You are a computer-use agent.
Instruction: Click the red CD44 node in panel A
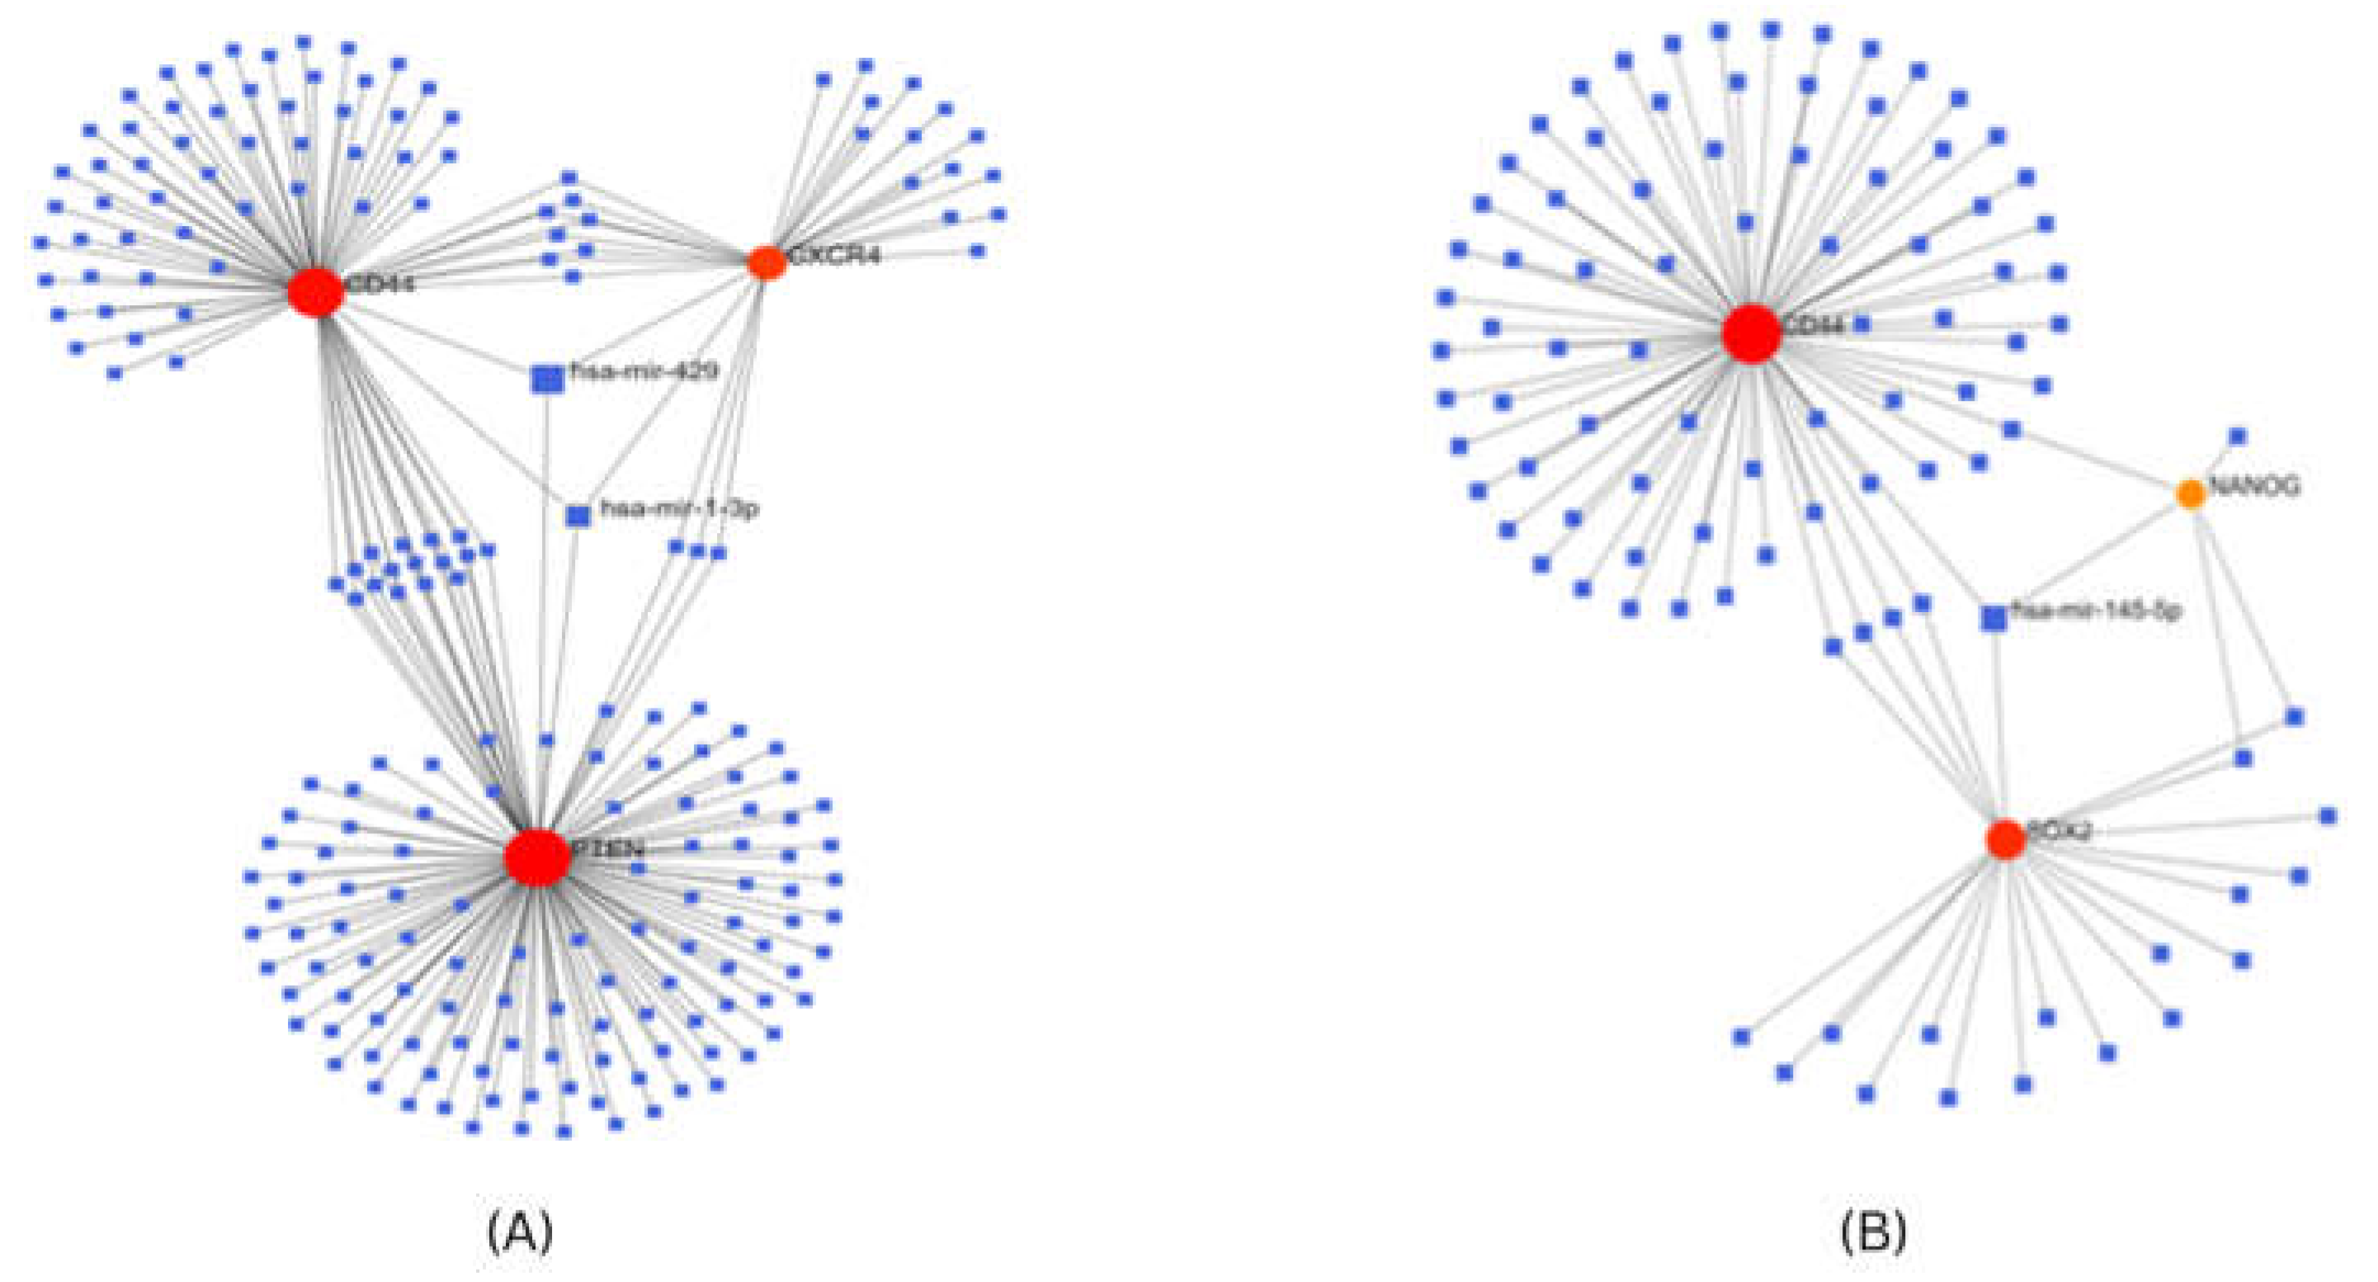pyautogui.click(x=316, y=292)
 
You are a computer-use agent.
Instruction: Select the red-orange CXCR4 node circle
pyautogui.click(x=767, y=263)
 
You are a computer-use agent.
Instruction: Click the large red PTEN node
pyautogui.click(x=537, y=856)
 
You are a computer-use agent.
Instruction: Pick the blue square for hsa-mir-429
pyautogui.click(x=547, y=379)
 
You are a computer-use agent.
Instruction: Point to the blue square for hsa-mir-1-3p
pyautogui.click(x=578, y=515)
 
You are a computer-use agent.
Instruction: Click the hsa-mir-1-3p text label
pyautogui.click(x=679, y=508)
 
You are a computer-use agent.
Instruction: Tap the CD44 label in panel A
pyautogui.click(x=380, y=282)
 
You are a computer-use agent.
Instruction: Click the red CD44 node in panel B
pyautogui.click(x=1751, y=334)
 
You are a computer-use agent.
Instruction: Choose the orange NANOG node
pyautogui.click(x=2191, y=494)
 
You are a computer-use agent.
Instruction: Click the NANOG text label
pyautogui.click(x=2253, y=487)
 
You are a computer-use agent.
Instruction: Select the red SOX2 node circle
pyautogui.click(x=2005, y=839)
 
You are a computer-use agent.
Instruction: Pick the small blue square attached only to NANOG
pyautogui.click(x=2238, y=436)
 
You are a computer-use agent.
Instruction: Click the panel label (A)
pyautogui.click(x=520, y=1231)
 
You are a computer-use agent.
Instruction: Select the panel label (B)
pyautogui.click(x=1873, y=1231)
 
